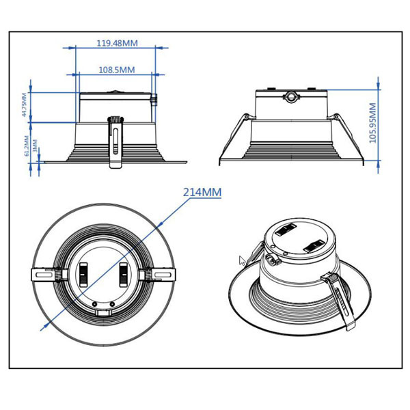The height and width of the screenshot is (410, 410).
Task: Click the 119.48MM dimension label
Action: tap(117, 43)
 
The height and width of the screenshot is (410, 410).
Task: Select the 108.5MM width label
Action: tap(116, 70)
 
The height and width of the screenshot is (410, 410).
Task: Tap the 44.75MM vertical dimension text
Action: tap(25, 106)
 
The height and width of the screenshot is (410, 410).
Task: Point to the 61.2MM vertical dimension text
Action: tap(27, 146)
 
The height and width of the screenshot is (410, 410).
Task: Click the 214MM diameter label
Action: tap(202, 193)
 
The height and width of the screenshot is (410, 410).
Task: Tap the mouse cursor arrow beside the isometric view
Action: tap(242, 260)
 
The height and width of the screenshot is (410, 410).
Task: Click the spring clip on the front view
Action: tap(116, 140)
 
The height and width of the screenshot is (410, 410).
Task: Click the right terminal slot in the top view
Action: tap(124, 274)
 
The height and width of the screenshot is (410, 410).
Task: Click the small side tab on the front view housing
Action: tap(154, 100)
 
